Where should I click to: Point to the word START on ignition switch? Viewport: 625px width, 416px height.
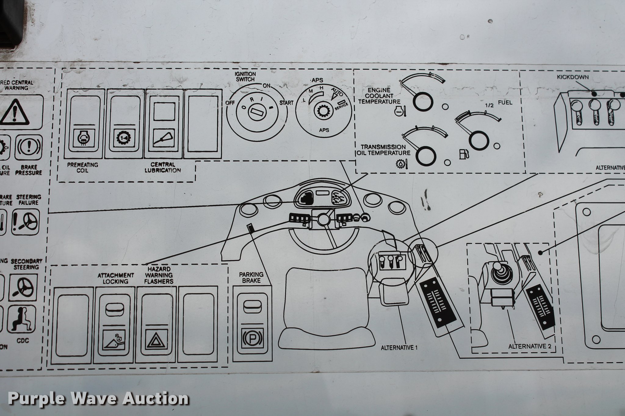(x=286, y=103)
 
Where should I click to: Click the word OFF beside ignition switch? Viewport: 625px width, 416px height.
(x=230, y=103)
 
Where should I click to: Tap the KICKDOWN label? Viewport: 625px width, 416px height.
(x=573, y=77)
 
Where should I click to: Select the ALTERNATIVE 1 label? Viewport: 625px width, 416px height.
(x=399, y=348)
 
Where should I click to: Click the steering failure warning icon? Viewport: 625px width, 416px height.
(x=26, y=221)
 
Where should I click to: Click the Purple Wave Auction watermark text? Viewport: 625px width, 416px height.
(x=98, y=399)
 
